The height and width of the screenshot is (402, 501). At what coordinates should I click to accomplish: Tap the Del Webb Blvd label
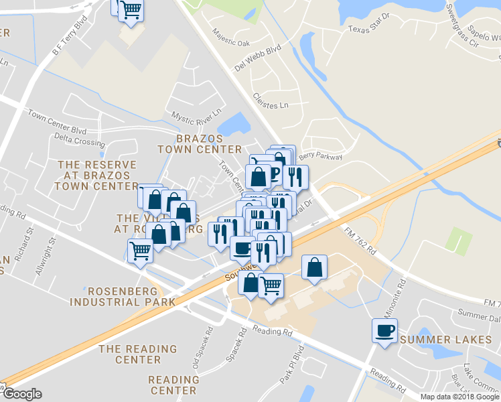tap(257, 60)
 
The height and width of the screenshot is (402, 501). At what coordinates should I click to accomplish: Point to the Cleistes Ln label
tap(271, 100)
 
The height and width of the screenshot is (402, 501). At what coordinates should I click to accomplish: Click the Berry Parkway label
tap(321, 157)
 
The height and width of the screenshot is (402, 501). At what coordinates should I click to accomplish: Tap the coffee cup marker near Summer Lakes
tap(385, 331)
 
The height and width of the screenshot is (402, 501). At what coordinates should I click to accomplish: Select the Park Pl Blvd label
tap(291, 362)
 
